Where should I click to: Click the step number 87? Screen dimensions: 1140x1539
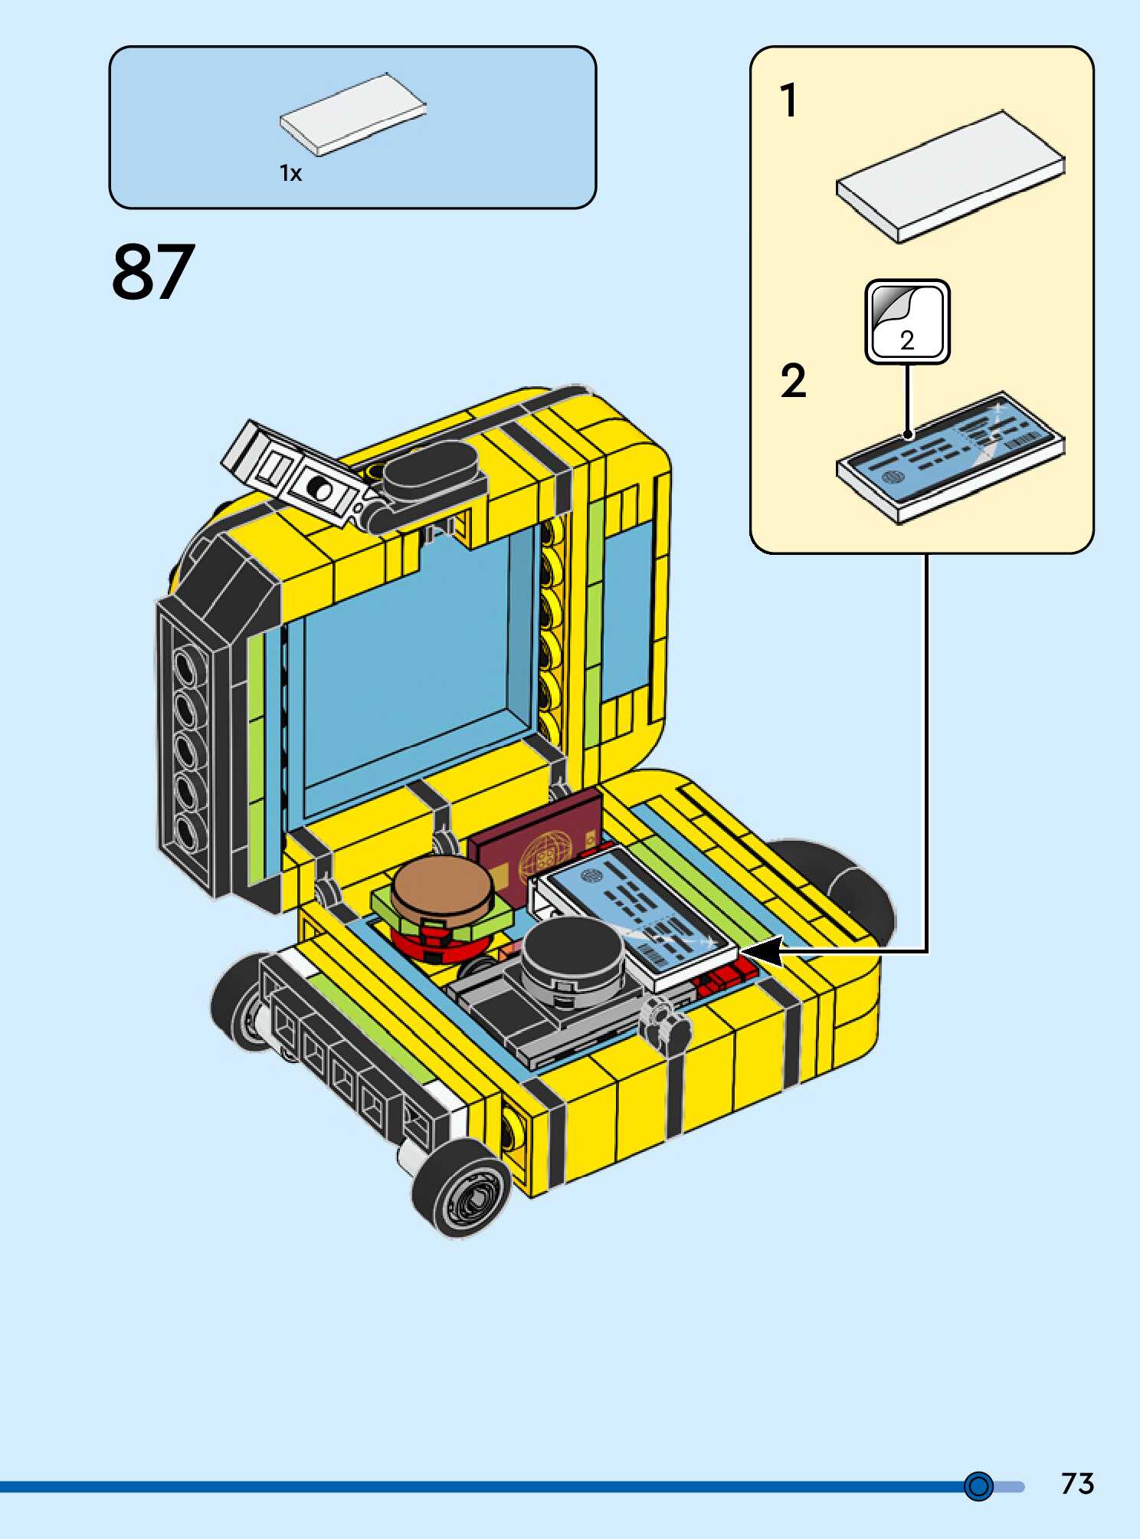point(153,271)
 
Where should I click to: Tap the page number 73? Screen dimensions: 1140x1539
point(1077,1484)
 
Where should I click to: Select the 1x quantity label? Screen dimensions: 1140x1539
point(290,174)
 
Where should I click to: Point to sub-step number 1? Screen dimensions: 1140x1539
point(788,101)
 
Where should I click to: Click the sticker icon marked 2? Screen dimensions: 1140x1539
point(907,321)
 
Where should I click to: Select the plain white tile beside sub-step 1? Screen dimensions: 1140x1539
point(950,176)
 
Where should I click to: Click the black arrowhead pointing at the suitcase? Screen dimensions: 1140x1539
point(762,952)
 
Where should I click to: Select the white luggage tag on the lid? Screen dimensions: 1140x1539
point(291,471)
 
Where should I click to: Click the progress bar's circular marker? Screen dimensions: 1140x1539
point(978,1485)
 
